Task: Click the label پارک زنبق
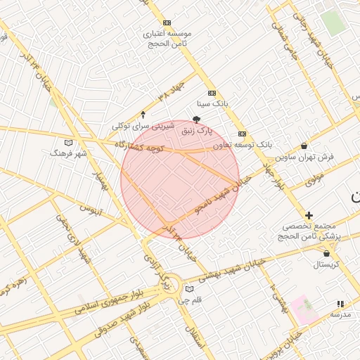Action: tap(196, 130)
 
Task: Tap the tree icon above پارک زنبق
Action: tap(196, 120)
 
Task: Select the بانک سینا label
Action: tap(212, 103)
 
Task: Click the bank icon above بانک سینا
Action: tap(211, 94)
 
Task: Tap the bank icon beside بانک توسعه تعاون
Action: tap(242, 134)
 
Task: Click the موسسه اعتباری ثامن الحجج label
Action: tap(170, 38)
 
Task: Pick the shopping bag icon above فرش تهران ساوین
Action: tap(303, 146)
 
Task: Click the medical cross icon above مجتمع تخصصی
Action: tap(309, 214)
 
